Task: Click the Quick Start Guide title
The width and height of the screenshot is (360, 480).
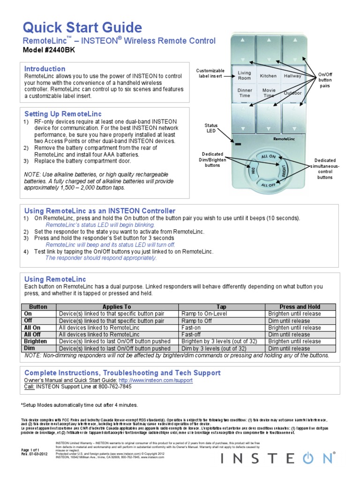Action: tap(82, 27)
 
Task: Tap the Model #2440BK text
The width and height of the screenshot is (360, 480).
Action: tap(48, 51)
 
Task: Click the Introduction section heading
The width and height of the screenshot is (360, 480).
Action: tap(45, 69)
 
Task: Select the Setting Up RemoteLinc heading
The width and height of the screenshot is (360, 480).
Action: tap(56, 114)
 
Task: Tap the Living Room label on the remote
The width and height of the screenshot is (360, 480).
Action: tap(244, 75)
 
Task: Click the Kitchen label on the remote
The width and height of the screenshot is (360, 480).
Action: tap(268, 75)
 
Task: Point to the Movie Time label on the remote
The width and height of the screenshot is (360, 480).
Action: tap(269, 92)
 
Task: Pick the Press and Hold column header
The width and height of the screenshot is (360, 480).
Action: tap(300, 307)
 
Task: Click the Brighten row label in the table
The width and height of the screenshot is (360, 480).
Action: tap(36, 342)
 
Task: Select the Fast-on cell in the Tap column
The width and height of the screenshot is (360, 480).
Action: tap(191, 328)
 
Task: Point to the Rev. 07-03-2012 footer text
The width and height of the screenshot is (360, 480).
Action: tap(35, 454)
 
